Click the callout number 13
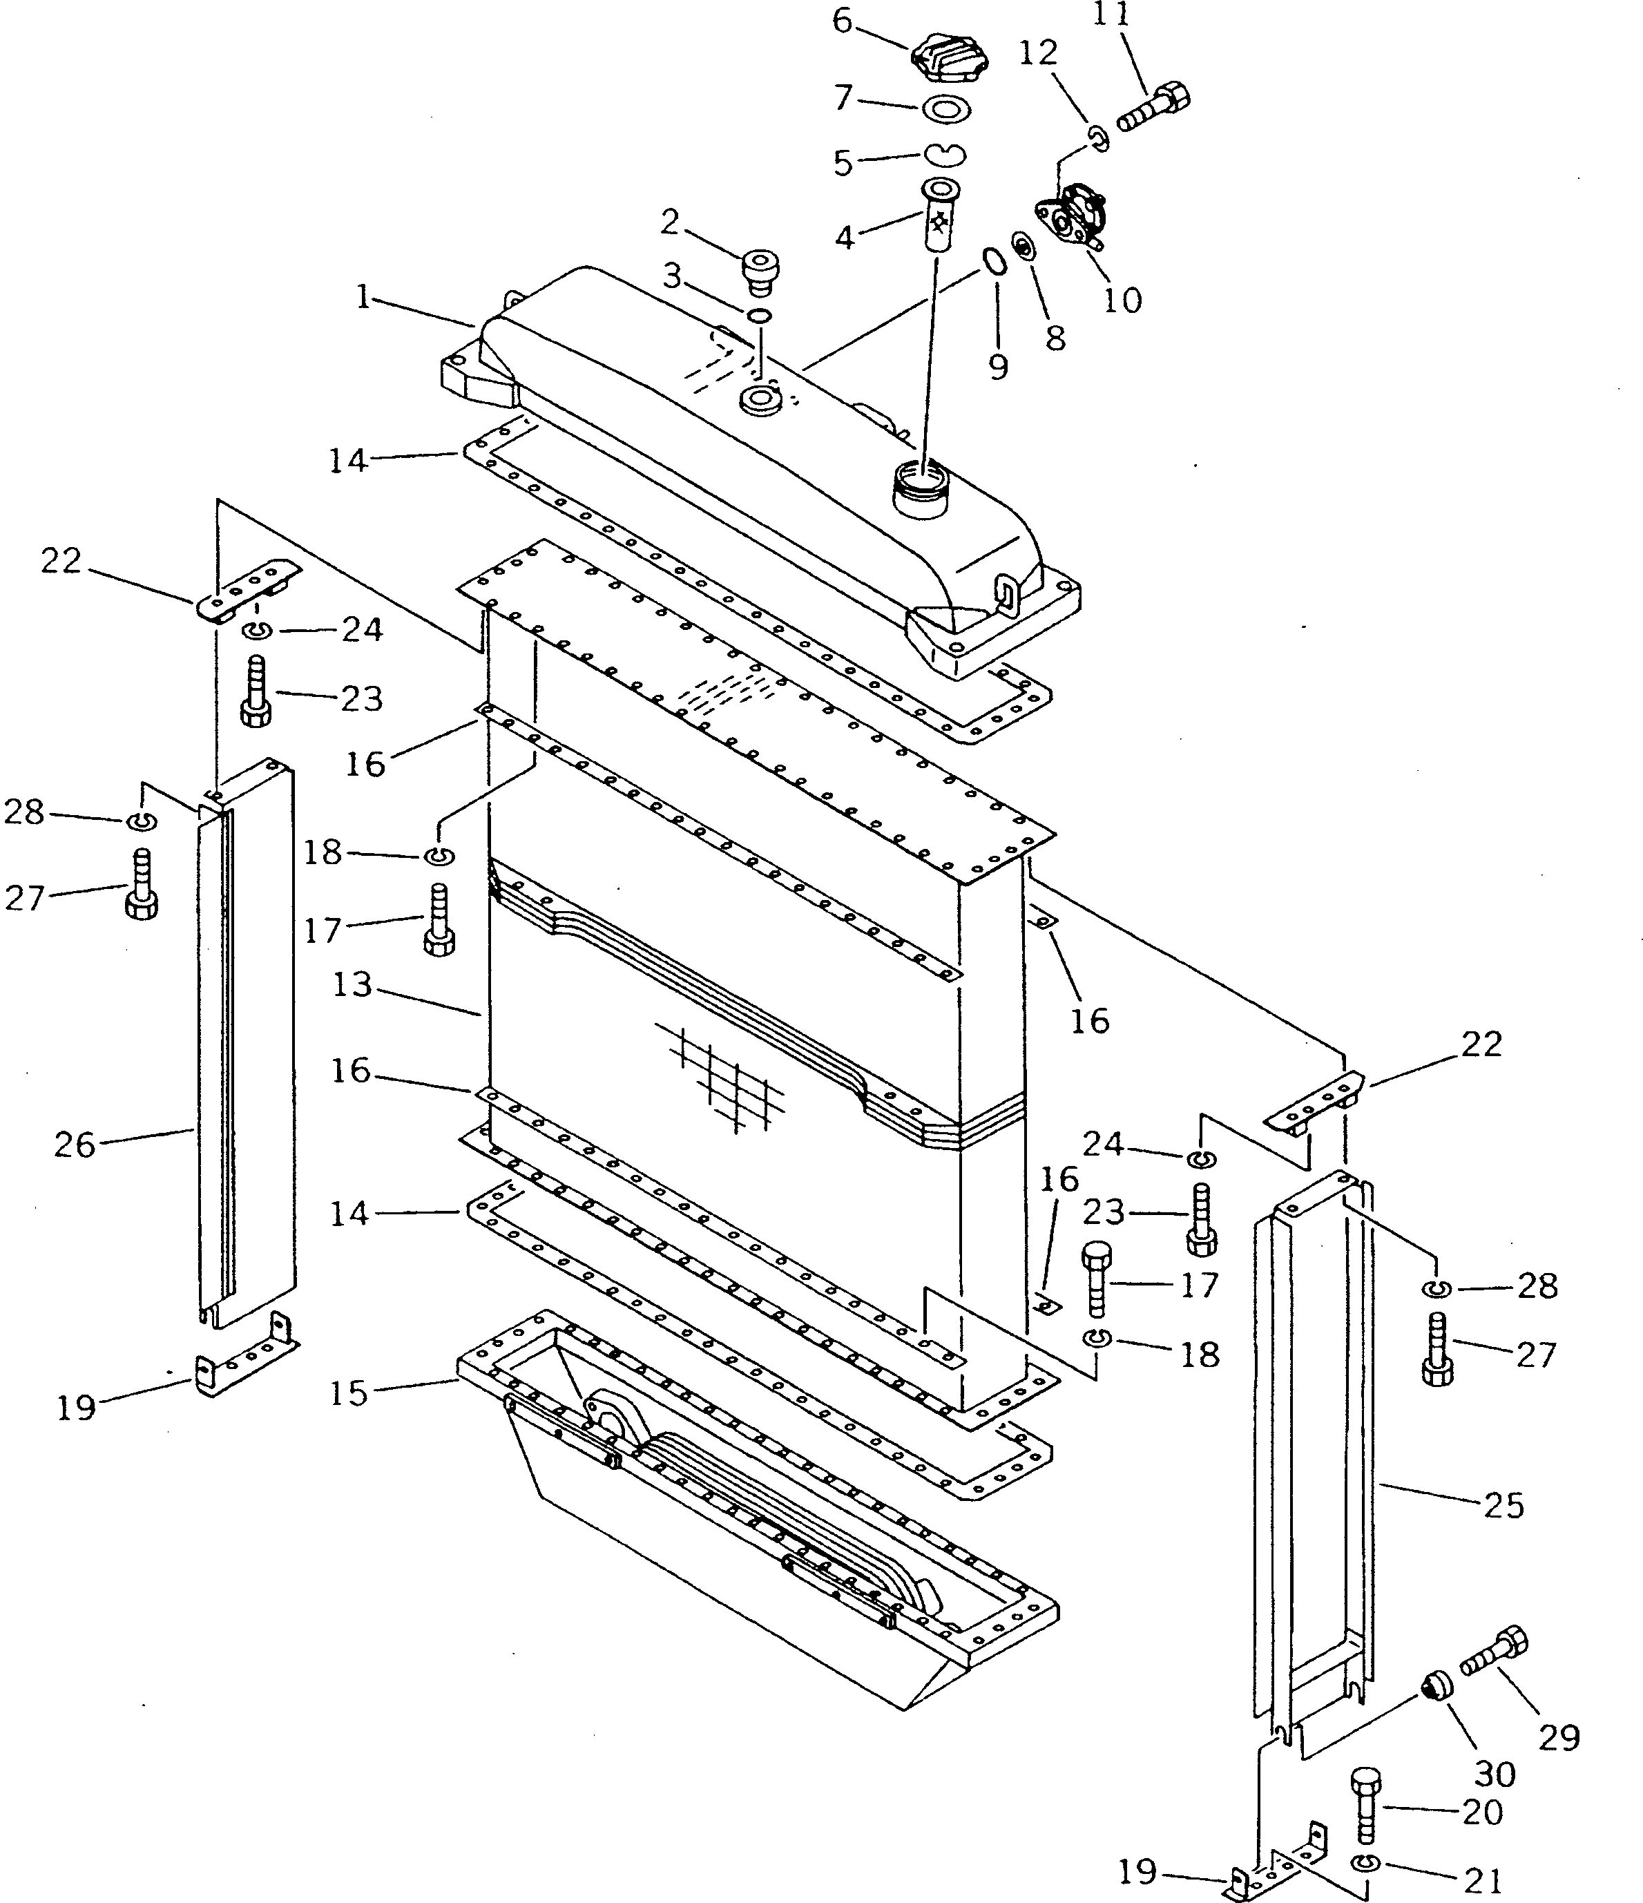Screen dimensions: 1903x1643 pos(352,986)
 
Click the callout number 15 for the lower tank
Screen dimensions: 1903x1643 pos(349,1393)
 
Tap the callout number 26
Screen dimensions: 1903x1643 pos(75,1145)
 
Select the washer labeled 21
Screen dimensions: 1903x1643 pos(1365,1864)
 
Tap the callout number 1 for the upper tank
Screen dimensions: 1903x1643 pos(365,296)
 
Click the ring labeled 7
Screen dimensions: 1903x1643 pos(946,109)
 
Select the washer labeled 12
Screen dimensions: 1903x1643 pos(1098,137)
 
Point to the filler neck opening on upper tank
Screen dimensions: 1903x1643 pos(921,482)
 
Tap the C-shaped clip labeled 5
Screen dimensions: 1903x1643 pos(943,153)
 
